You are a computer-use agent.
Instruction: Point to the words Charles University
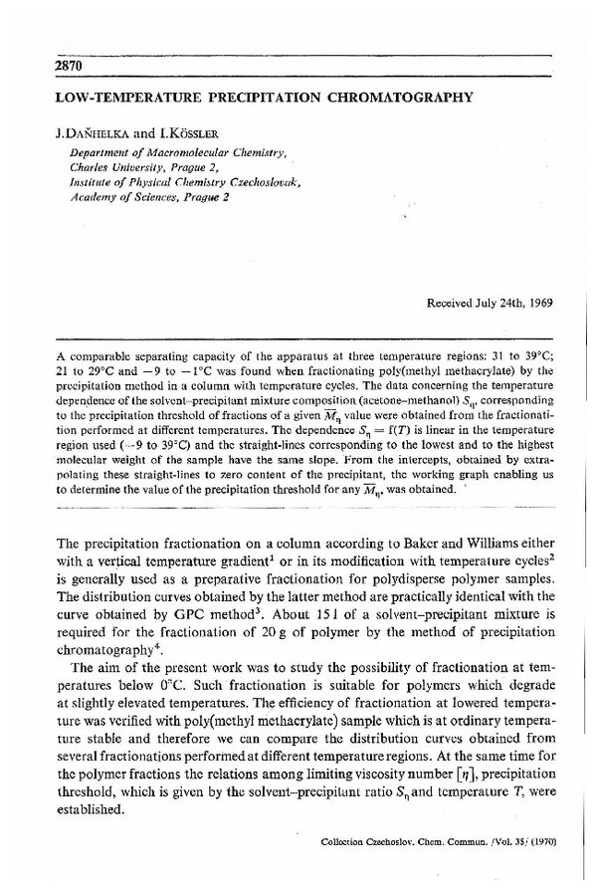117,167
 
